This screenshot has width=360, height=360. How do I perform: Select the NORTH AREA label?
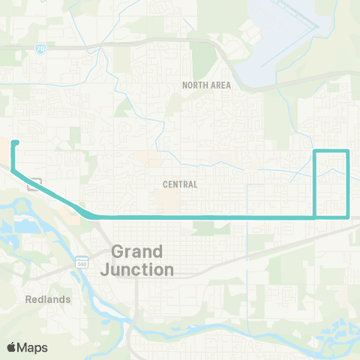[206, 85]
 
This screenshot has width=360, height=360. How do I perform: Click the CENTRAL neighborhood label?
[180, 184]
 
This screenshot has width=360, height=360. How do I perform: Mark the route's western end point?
[14, 142]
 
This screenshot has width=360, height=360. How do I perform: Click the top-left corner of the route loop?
[313, 151]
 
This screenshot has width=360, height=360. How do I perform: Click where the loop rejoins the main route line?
[313, 217]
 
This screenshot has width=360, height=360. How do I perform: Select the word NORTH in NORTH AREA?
[194, 85]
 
